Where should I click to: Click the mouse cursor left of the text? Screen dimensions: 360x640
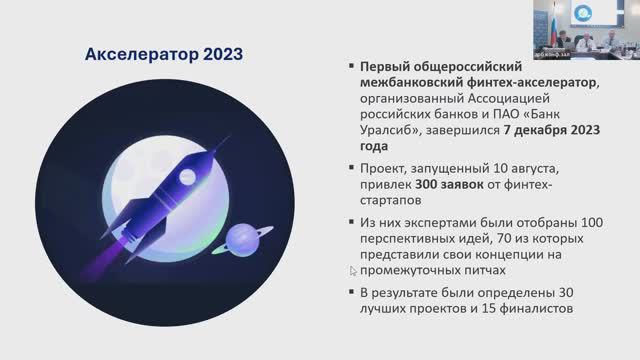[x=352, y=271]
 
